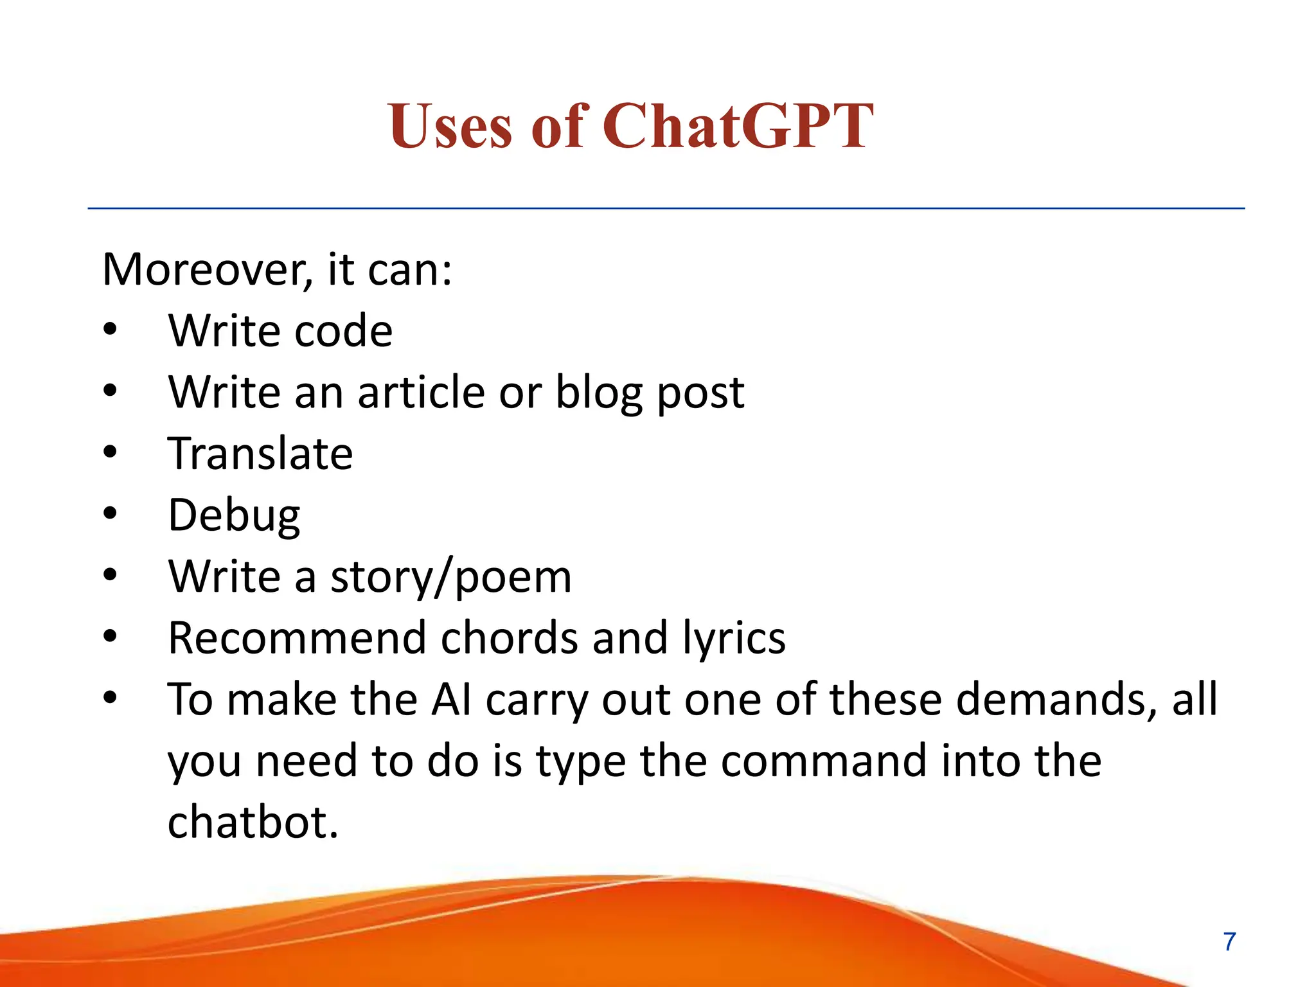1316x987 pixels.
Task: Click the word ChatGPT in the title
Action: point(738,126)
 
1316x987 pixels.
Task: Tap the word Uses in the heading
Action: point(450,126)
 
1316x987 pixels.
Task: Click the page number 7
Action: point(1229,942)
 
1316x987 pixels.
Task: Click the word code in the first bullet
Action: point(343,332)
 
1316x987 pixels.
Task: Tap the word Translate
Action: point(260,454)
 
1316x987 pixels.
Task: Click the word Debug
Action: point(234,516)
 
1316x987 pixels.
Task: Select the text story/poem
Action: point(450,577)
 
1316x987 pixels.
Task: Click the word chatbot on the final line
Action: point(253,822)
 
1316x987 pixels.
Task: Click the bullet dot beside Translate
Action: point(111,452)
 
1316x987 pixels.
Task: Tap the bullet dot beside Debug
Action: point(111,513)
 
